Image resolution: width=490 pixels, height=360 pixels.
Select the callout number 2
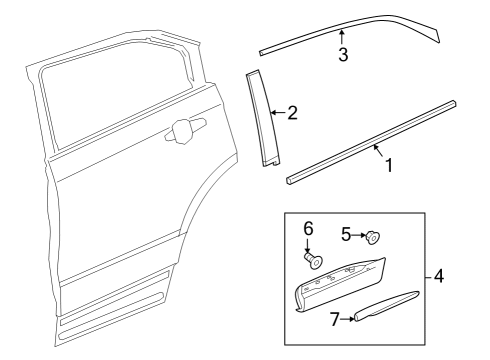(x=292, y=113)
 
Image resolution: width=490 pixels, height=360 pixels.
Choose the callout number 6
(x=309, y=229)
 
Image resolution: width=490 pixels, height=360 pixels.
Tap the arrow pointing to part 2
(x=277, y=113)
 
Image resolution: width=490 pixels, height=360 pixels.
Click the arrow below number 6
(x=310, y=246)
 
